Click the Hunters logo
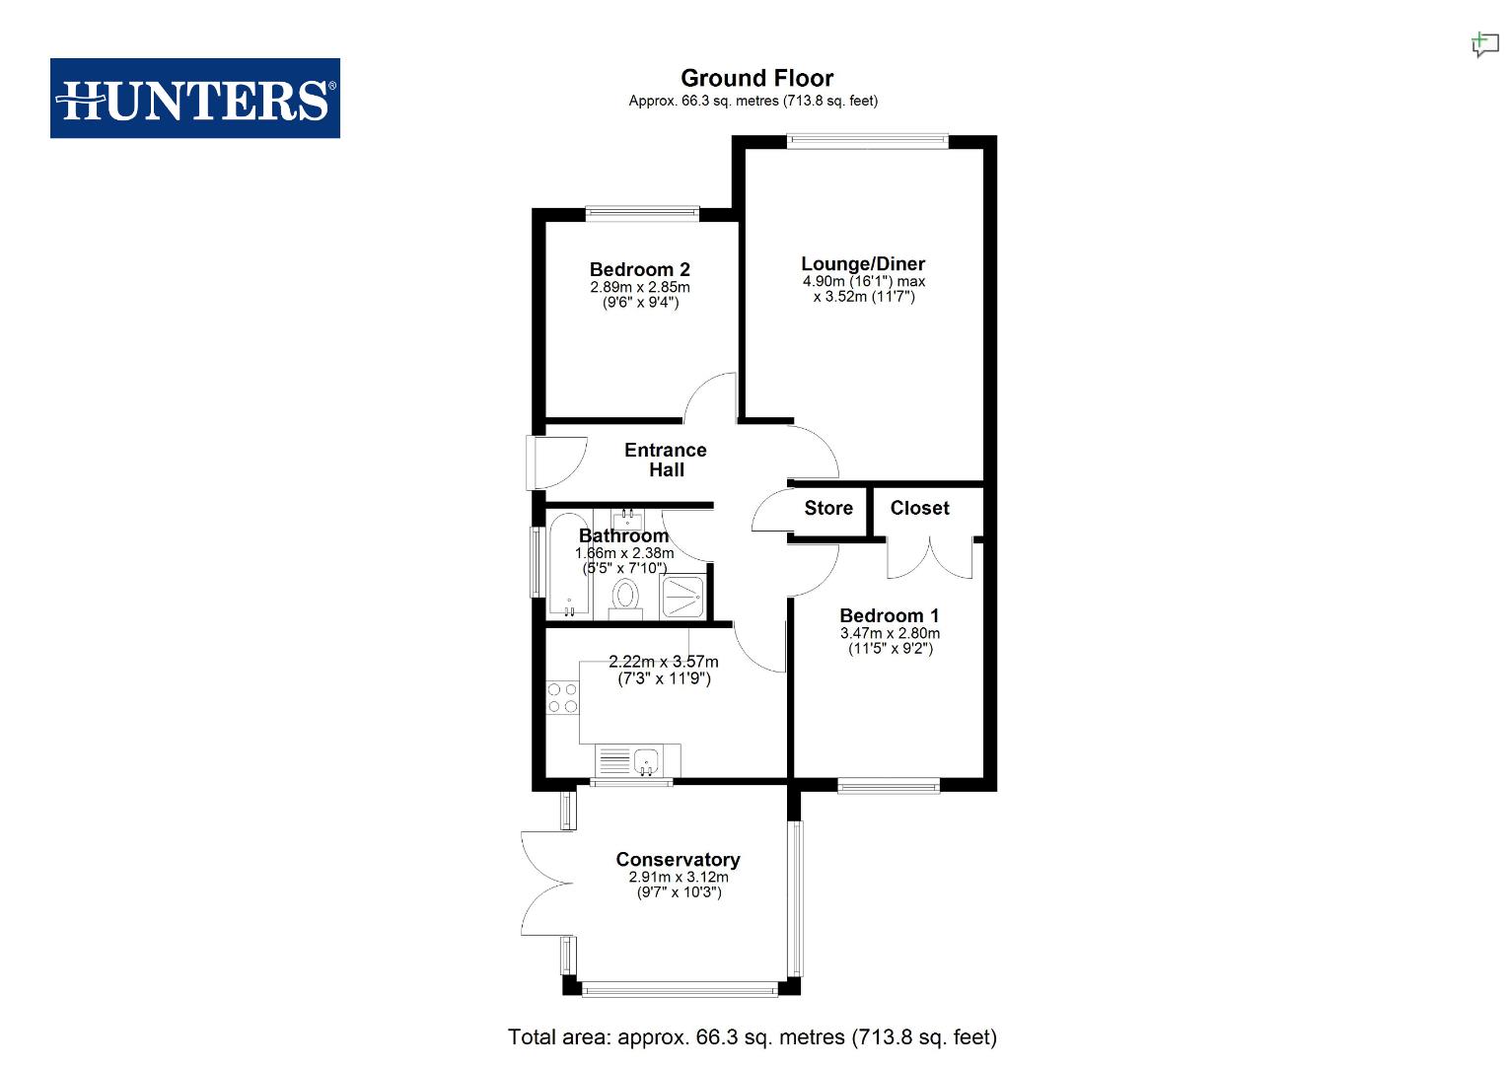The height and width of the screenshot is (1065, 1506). click(x=194, y=98)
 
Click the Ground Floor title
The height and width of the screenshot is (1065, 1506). click(x=756, y=78)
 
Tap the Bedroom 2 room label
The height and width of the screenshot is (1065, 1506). click(x=639, y=269)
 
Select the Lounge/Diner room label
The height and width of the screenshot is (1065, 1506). click(x=863, y=263)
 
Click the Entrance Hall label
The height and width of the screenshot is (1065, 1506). click(x=666, y=460)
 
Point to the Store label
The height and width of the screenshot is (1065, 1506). click(x=827, y=508)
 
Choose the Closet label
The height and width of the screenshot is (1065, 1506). click(x=919, y=508)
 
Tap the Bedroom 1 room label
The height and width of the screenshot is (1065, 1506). click(x=889, y=615)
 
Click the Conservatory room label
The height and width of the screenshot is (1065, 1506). click(x=678, y=859)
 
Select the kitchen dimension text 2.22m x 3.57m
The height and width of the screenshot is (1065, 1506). click(x=663, y=662)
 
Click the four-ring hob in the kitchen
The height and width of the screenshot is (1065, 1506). click(x=563, y=698)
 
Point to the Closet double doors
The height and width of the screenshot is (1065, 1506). click(x=929, y=558)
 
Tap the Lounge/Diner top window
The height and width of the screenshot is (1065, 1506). click(x=868, y=141)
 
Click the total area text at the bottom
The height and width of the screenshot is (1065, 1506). click(x=752, y=1037)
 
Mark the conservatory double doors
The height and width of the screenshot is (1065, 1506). click(x=544, y=883)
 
